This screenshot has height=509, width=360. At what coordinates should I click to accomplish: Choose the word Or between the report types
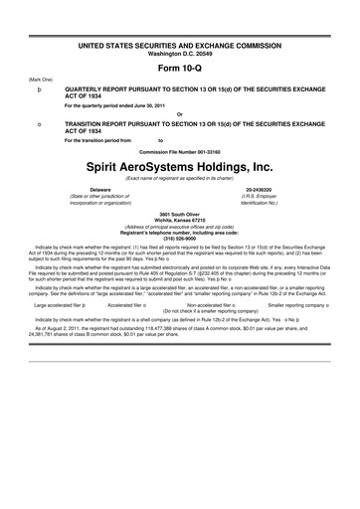179,111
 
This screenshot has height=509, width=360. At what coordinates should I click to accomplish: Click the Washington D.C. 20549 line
179,52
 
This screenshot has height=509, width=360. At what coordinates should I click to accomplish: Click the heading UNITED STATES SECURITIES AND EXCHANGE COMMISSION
179,46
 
